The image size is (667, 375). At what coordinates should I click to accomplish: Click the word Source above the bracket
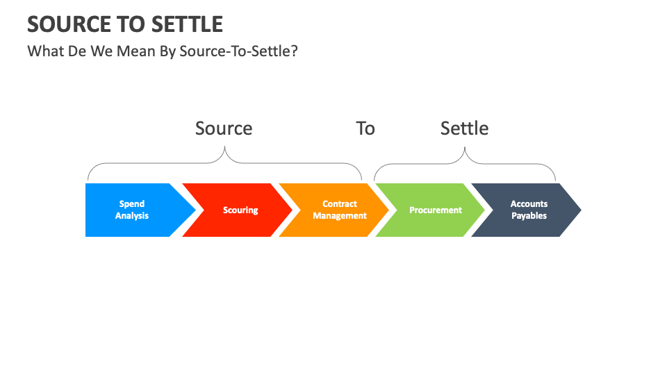[224, 128]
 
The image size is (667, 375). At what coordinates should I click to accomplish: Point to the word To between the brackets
[365, 128]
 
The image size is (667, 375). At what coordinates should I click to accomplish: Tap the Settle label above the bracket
[464, 128]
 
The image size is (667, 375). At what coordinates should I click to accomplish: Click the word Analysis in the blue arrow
[132, 216]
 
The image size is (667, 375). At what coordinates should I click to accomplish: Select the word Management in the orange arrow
[340, 216]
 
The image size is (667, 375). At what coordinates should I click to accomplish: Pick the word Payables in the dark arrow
[529, 216]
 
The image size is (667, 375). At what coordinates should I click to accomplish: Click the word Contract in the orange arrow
[340, 204]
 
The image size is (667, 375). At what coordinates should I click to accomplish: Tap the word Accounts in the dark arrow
[529, 204]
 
